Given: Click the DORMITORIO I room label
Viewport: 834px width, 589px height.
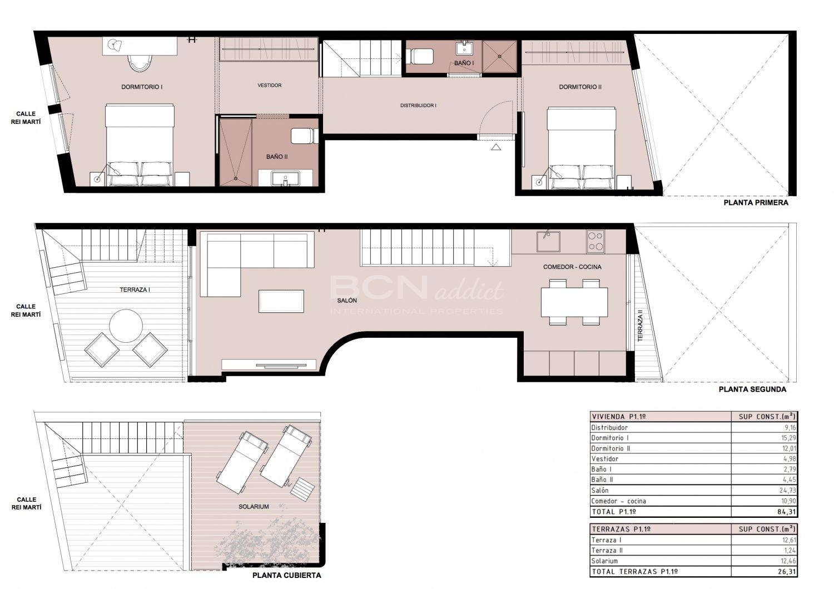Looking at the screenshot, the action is click(x=142, y=87).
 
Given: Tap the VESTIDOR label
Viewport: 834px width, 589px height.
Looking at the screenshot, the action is click(x=270, y=86).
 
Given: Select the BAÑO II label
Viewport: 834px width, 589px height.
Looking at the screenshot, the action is click(x=277, y=157).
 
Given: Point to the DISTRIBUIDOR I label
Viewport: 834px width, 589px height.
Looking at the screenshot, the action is click(x=418, y=106).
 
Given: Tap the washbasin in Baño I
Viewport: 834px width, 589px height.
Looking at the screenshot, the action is click(x=464, y=49).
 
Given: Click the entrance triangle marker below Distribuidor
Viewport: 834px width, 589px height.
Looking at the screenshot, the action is click(x=495, y=147).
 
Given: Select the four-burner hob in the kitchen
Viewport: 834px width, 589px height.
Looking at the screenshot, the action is click(x=595, y=242).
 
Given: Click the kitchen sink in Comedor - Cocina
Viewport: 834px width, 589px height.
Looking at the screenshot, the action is click(x=548, y=242).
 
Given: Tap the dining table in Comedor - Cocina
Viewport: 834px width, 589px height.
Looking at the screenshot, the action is click(x=574, y=302).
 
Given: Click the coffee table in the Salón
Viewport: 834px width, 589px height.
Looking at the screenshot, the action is click(x=281, y=301).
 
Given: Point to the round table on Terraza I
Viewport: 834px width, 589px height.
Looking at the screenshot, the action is click(x=126, y=326).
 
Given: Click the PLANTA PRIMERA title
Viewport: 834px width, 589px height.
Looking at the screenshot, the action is click(x=756, y=203).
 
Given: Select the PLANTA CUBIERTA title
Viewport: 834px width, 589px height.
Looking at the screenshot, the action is click(x=287, y=575).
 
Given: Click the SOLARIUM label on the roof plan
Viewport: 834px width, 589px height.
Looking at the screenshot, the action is click(x=254, y=507).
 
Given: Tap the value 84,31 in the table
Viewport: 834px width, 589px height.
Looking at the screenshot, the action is click(x=786, y=512).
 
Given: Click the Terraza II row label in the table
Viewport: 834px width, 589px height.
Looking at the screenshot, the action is click(x=607, y=550).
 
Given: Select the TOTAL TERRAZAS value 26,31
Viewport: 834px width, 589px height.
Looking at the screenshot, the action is click(x=786, y=572).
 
